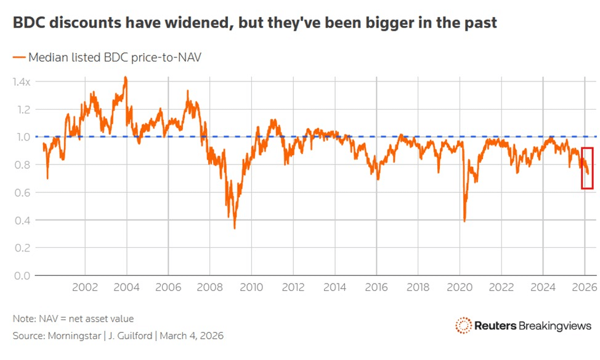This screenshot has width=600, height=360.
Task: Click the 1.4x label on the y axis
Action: click(22, 81)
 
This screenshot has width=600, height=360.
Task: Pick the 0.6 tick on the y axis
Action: click(23, 192)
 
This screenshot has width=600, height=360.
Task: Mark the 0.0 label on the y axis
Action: click(23, 276)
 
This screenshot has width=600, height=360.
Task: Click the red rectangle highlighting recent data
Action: click(587, 168)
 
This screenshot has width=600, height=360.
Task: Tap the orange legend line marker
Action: click(18, 57)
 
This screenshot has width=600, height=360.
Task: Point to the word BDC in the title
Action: click(28, 23)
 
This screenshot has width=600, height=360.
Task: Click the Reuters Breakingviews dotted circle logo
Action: click(463, 325)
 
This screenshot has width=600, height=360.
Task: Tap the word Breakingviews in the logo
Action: click(555, 325)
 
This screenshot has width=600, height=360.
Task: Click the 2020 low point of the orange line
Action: click(464, 221)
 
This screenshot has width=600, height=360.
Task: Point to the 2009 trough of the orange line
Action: click(235, 228)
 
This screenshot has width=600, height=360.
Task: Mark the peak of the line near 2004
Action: click(126, 78)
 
